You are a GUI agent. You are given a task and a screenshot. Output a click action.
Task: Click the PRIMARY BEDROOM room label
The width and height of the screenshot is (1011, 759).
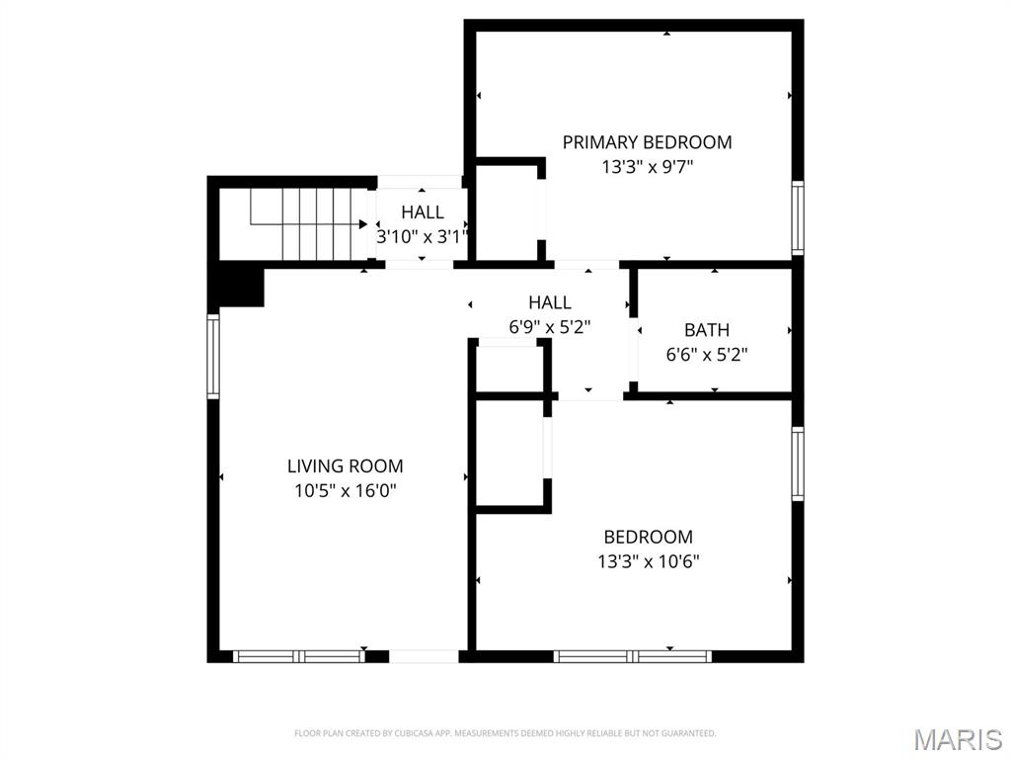(647, 142)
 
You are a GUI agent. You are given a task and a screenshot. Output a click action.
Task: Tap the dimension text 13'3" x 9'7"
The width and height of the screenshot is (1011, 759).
(647, 167)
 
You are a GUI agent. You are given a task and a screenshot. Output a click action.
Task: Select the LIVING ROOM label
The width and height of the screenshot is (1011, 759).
(345, 466)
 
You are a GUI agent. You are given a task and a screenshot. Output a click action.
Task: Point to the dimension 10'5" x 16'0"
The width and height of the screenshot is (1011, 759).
(345, 490)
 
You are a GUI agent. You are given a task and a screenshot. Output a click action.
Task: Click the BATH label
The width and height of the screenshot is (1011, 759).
(707, 330)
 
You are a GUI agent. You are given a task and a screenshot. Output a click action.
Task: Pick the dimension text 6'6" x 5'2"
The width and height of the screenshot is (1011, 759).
(707, 354)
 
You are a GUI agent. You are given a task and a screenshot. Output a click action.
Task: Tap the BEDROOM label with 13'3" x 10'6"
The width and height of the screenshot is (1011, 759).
(648, 538)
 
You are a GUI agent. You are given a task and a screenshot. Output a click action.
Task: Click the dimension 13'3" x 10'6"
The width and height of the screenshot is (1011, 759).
(648, 561)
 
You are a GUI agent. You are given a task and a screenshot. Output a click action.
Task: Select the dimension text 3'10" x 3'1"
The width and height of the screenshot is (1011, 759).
(422, 237)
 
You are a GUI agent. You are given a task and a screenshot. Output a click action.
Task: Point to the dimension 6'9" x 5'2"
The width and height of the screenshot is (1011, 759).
(549, 326)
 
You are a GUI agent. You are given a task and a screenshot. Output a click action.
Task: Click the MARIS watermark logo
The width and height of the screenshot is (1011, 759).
(957, 738)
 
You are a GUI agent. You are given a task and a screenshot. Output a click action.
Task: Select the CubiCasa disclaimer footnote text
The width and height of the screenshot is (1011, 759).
(505, 733)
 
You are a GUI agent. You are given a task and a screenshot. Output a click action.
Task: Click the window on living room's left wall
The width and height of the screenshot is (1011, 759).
(212, 356)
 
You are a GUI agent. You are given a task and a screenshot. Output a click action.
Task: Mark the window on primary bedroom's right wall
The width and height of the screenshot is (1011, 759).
(798, 217)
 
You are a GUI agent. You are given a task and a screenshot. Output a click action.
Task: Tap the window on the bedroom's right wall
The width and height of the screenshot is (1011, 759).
(798, 464)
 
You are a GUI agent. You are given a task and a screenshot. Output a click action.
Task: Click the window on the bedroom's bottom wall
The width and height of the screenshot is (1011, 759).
(632, 656)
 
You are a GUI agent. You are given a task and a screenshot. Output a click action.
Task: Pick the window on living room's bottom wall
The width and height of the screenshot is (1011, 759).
(298, 656)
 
